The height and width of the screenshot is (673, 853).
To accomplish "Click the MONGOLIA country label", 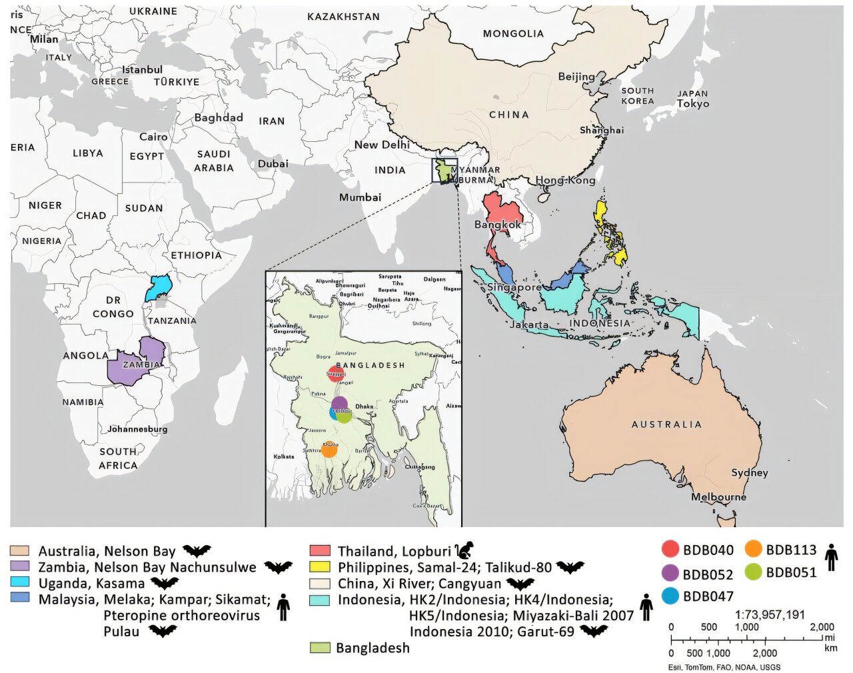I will pos(513,33).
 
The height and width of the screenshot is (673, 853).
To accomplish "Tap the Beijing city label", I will pos(576,77).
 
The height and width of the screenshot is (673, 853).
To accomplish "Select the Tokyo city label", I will pos(692,104).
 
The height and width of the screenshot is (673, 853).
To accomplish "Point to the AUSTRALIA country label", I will pos(666,424).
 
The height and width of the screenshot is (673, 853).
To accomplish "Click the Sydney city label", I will pos(749,472).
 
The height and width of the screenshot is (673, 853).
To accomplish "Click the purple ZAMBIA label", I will pos(141,364).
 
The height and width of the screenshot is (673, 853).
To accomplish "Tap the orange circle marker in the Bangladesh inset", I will pos(329,450).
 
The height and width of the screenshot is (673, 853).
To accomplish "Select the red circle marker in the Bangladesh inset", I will pos(336,374).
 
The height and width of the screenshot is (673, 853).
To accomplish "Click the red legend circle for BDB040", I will pos(670,550).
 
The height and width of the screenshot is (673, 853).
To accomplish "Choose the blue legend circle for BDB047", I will pos(670,596).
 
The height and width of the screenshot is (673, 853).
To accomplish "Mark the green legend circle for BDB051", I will pos(753,572).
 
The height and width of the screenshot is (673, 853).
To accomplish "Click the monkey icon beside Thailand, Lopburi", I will pos(464,550).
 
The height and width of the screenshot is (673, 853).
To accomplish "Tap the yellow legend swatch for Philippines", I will pos(320,567).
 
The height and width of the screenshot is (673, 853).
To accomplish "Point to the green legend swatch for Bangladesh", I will pos(320,648).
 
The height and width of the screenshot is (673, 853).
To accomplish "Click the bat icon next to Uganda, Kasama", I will pos(164,584).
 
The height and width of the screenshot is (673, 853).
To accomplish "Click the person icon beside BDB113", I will pos(831,557).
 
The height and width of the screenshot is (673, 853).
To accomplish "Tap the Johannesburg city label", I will pos(137,429).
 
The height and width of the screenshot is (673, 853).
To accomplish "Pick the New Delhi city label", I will pos(381,145).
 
